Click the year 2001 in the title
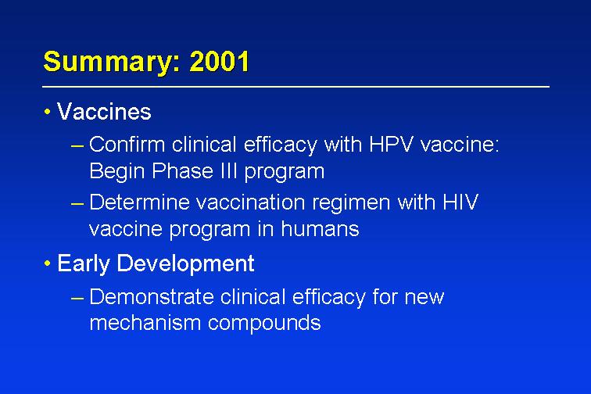pos(219,61)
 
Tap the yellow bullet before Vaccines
pos(47,112)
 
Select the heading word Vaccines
pos(104,112)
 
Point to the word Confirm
pos(127,145)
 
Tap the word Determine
pos(139,202)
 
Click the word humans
pos(320,229)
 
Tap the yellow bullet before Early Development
pos(47,263)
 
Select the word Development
pos(185,264)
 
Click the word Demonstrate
pos(152,297)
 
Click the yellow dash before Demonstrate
pos(77,298)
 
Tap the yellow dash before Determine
pos(77,203)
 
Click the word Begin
pos(117,172)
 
